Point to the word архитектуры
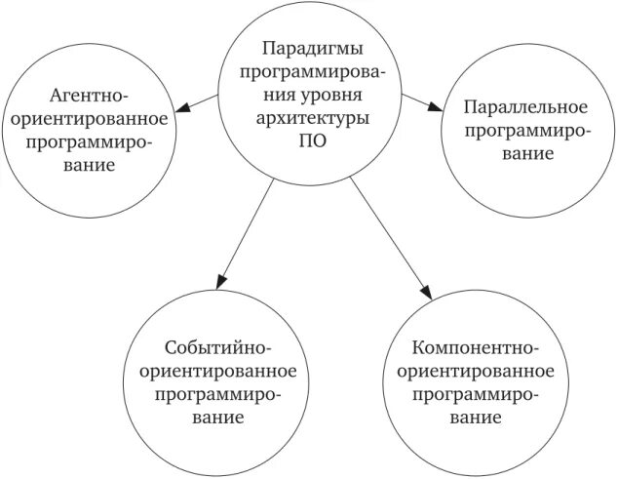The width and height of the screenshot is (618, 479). coord(307,117)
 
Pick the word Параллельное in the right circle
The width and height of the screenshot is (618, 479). coord(524,106)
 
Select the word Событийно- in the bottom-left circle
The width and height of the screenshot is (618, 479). coord(217,348)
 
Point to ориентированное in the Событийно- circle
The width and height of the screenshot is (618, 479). coord(217,372)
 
